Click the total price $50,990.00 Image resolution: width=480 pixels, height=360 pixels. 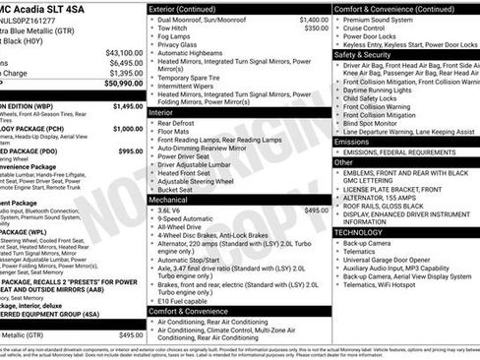click(118, 87)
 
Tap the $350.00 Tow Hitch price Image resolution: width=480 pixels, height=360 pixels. click(316, 29)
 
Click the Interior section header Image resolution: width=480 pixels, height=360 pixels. click(162, 113)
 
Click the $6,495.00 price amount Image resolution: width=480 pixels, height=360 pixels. click(123, 63)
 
